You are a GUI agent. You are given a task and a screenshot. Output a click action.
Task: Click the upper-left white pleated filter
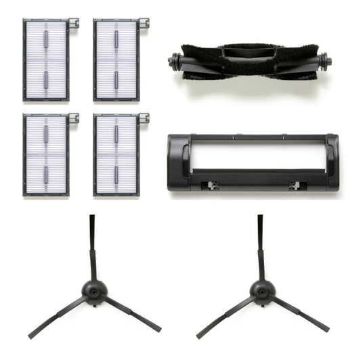47,61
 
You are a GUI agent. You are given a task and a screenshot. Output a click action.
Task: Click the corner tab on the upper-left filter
75,24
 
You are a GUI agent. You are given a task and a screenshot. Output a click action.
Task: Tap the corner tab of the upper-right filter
145,24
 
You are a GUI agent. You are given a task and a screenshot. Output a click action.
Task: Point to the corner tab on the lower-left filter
75,118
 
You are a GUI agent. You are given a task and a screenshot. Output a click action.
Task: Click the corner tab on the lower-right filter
145,118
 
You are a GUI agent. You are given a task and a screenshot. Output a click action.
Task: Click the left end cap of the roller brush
169,60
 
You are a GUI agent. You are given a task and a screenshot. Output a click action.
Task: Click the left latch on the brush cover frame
213,184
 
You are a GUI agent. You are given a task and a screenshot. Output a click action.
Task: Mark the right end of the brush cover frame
331,162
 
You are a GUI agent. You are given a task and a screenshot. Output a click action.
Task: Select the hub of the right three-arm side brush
258,291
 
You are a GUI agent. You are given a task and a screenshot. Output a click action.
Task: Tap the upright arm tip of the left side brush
91,219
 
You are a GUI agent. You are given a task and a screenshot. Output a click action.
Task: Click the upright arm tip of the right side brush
259,219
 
